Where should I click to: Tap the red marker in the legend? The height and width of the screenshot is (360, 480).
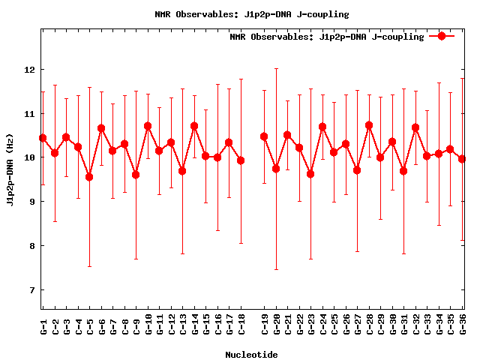coord(442,36)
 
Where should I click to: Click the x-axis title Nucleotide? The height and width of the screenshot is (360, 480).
coord(251,355)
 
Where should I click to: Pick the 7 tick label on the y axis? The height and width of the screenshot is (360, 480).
coord(32,290)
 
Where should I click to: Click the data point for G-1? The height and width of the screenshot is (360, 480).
coord(43,138)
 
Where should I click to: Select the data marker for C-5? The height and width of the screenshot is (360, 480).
coord(89,177)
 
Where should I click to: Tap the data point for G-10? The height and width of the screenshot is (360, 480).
coord(148,126)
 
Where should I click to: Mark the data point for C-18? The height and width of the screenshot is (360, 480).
coord(241,160)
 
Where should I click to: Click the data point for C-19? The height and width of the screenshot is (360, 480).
coord(264,136)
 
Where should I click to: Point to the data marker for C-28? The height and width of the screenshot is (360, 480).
coord(369,125)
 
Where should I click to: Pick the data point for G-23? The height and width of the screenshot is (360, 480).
coord(310,174)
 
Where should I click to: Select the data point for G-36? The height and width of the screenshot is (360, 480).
coord(462,159)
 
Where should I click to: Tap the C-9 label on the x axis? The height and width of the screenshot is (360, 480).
coord(136,326)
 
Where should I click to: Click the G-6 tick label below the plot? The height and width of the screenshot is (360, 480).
coord(101,326)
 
